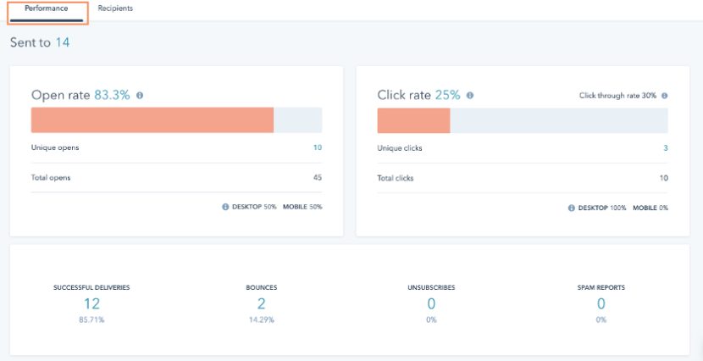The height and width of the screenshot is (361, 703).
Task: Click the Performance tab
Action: (47, 8)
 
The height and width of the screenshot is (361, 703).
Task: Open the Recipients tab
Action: (115, 8)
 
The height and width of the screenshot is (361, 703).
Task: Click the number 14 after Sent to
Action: (63, 42)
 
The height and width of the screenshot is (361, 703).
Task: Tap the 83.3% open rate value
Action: (112, 95)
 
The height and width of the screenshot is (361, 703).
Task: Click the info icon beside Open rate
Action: (140, 95)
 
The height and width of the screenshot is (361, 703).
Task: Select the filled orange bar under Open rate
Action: (152, 119)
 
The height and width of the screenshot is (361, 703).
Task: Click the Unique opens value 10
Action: (318, 147)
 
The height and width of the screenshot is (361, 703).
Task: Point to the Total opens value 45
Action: (318, 178)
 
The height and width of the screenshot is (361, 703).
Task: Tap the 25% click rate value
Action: (447, 95)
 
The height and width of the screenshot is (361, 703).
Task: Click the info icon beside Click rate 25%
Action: (470, 95)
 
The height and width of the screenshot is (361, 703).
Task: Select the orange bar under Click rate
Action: (413, 119)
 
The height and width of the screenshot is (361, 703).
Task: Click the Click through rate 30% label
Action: (617, 96)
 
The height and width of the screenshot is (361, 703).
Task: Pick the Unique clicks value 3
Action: (665, 147)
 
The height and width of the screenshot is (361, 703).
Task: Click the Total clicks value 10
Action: (663, 178)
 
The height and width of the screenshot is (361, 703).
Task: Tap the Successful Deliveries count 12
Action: (91, 303)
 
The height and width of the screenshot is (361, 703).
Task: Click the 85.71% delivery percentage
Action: (91, 319)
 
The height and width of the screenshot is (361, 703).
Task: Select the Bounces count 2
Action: (261, 303)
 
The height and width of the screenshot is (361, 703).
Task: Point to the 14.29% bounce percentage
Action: (261, 319)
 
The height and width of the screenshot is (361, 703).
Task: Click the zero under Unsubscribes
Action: (431, 303)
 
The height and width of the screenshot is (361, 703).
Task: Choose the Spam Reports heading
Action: (601, 288)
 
